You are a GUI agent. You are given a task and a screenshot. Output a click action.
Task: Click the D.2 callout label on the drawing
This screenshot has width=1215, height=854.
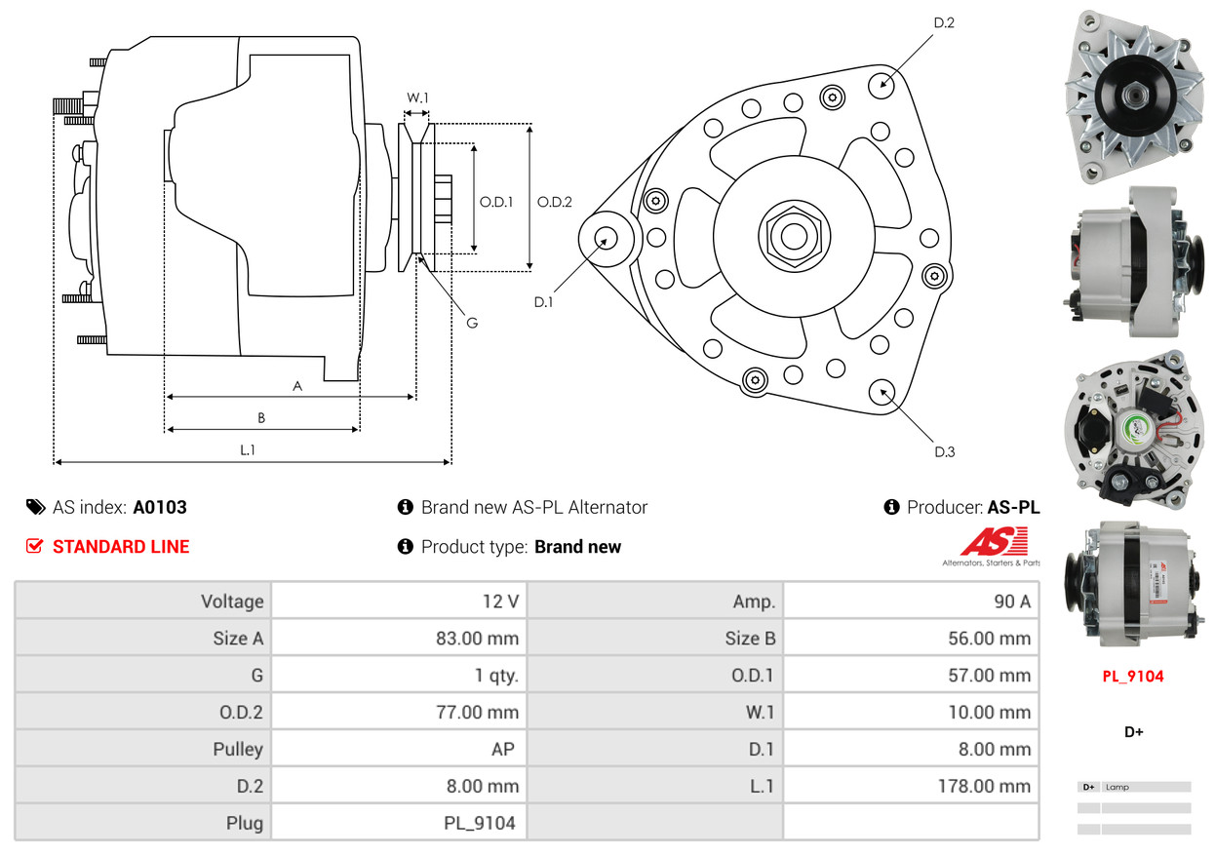[943, 22]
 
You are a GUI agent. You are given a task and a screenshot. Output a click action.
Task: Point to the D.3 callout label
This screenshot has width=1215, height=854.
[944, 451]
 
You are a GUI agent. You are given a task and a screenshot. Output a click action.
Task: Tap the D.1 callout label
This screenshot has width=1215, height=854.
[543, 302]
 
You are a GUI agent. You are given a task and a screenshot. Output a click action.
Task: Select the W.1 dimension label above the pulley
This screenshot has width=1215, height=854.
[417, 97]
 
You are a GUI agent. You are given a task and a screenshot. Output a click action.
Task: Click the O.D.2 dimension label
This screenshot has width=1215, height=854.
[555, 202]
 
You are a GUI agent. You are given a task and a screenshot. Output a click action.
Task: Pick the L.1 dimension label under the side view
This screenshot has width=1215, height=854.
[248, 449]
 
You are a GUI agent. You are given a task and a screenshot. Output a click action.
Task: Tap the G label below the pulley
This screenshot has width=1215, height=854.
[471, 323]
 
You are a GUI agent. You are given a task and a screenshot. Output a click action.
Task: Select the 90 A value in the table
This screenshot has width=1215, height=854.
[1011, 602]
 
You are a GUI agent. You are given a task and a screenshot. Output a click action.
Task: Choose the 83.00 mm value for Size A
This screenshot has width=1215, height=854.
[477, 639]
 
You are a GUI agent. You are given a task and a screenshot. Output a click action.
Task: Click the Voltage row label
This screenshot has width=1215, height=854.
[232, 602]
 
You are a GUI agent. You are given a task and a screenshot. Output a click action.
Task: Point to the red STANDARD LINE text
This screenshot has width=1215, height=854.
[121, 547]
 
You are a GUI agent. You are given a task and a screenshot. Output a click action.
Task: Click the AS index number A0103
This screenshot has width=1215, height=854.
[160, 507]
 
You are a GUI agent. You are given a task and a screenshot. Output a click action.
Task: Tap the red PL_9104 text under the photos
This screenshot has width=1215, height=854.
[1133, 677]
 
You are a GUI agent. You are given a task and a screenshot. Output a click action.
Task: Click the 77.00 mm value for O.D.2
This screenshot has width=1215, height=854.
[477, 713]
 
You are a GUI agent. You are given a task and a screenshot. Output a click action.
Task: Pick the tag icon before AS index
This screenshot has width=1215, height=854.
[35, 507]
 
